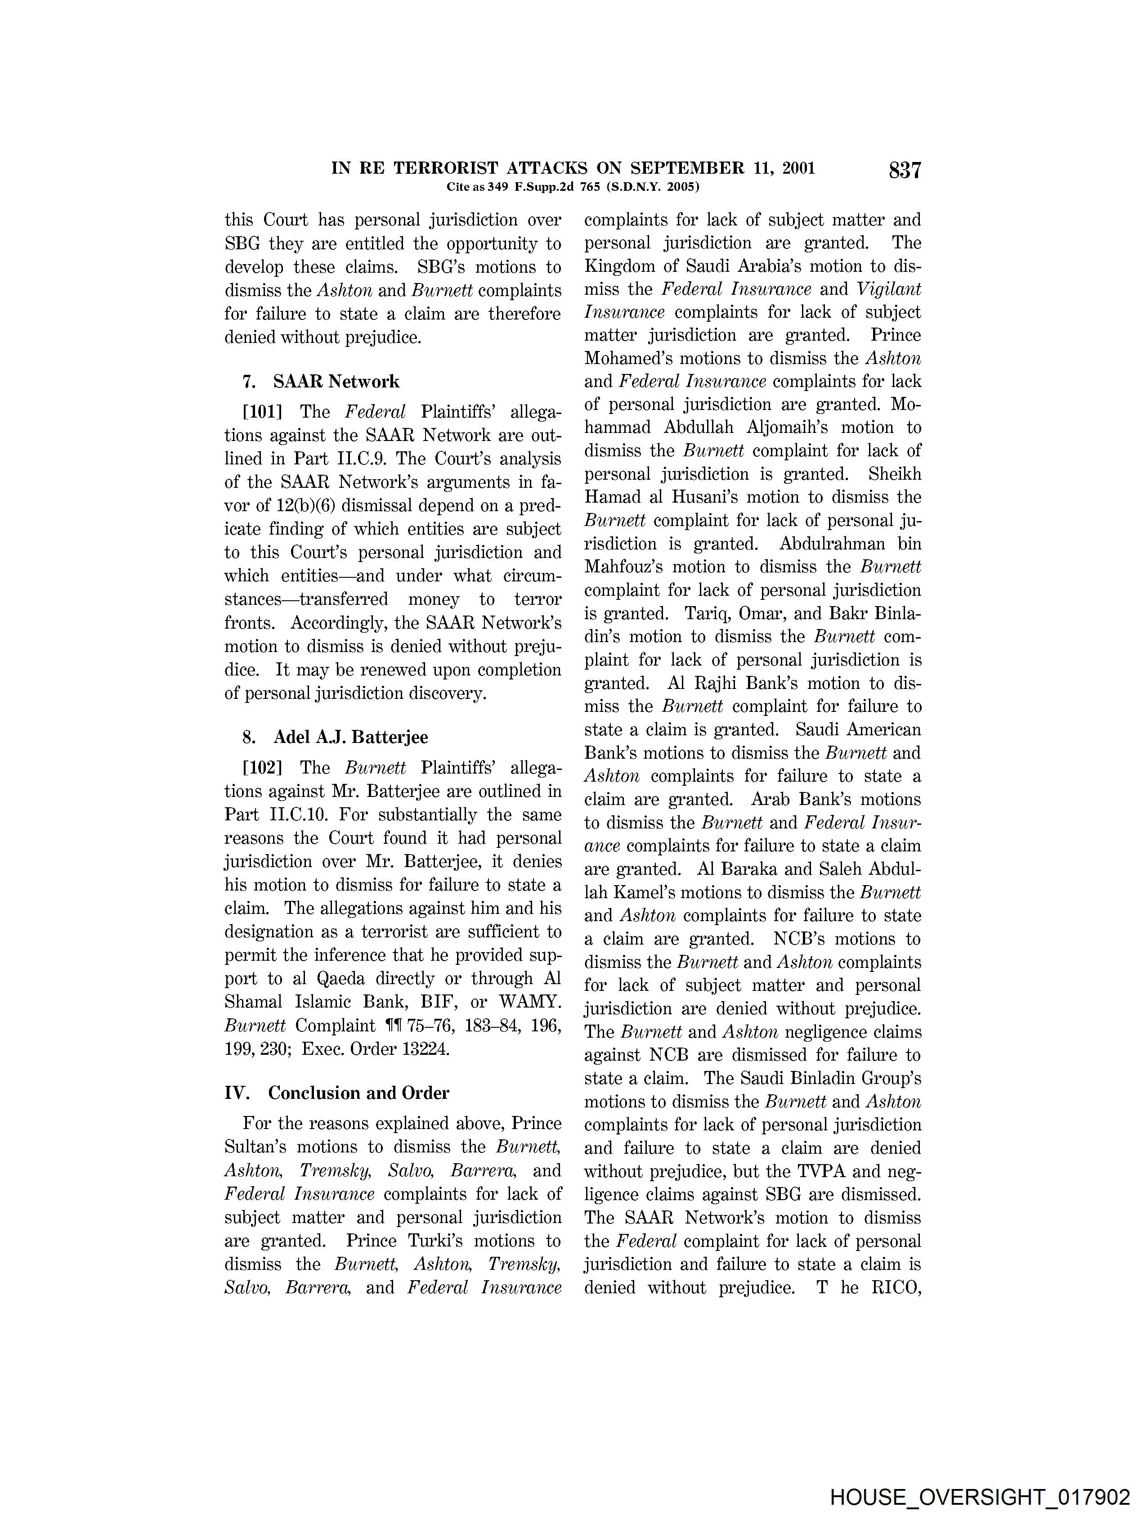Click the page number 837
905,170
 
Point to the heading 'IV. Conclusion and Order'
336,1093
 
